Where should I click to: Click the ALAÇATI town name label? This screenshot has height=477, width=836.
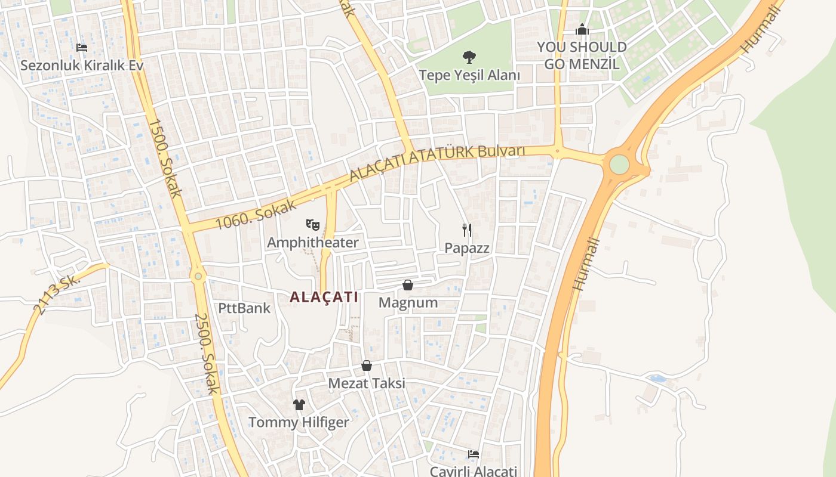(x=324, y=297)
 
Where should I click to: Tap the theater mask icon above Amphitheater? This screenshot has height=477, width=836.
(x=313, y=225)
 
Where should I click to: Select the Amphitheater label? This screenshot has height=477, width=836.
(x=312, y=243)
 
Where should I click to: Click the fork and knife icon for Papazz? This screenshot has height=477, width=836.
(x=467, y=230)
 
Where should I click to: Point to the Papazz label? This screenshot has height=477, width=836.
(x=467, y=248)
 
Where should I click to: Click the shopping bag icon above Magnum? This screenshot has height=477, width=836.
(x=408, y=285)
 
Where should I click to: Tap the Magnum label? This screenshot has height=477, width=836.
(x=408, y=302)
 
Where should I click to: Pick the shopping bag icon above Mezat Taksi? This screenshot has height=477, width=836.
(x=367, y=366)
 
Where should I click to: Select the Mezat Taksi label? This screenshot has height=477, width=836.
(x=367, y=383)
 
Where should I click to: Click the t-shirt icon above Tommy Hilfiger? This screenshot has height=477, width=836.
(x=299, y=405)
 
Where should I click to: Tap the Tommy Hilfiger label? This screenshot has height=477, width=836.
(x=299, y=422)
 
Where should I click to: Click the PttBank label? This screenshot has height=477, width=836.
(x=244, y=308)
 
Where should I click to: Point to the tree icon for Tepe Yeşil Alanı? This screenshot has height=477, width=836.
(x=469, y=57)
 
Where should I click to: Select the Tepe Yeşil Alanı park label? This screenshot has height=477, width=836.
(x=469, y=75)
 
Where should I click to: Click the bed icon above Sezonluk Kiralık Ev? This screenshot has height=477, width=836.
(x=82, y=47)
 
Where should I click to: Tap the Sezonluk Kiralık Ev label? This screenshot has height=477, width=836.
(x=82, y=65)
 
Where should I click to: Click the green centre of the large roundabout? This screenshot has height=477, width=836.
(x=619, y=164)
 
